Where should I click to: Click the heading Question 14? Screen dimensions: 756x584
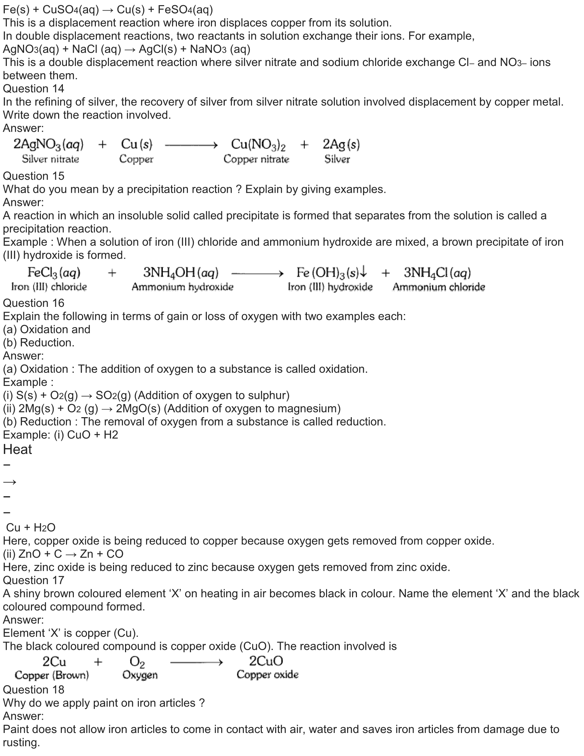click(x=34, y=89)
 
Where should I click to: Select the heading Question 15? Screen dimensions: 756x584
click(x=34, y=176)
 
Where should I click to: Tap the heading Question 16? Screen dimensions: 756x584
click(x=34, y=303)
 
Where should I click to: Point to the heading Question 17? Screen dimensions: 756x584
click(x=34, y=580)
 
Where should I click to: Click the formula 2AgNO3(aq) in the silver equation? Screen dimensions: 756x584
click(x=48, y=144)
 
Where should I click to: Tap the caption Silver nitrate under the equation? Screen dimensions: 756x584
click(x=50, y=159)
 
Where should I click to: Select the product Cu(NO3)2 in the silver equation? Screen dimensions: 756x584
click(x=258, y=145)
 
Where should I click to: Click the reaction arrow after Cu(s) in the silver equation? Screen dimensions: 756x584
click(x=191, y=145)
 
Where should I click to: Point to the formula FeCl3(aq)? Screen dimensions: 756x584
click(x=54, y=273)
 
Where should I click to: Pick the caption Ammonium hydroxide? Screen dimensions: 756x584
click(x=182, y=287)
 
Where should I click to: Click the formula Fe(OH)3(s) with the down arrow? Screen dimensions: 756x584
click(x=331, y=273)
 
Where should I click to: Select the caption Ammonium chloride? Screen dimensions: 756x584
click(x=439, y=287)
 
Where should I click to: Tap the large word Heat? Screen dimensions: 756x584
click(x=17, y=449)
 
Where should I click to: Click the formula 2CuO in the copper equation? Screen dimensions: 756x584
click(x=266, y=661)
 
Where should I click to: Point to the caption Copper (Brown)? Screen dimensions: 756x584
click(x=52, y=675)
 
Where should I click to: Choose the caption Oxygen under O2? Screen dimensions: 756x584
click(x=140, y=675)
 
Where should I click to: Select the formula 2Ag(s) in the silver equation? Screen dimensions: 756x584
click(x=341, y=144)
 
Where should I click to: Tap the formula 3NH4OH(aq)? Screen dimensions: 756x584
click(x=181, y=273)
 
